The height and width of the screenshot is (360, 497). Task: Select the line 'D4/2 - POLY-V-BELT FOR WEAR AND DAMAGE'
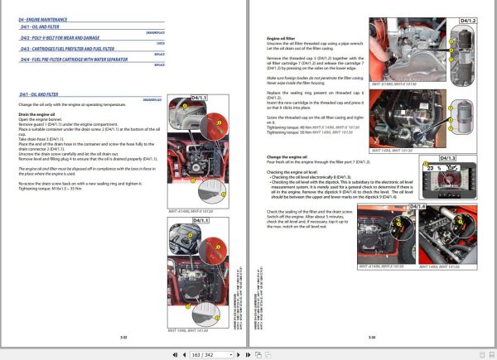tap(63, 38)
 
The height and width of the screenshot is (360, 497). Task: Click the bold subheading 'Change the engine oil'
tap(287, 156)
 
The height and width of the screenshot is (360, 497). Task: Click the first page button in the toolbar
tap(174, 353)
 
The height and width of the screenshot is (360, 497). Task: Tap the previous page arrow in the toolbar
tap(185, 353)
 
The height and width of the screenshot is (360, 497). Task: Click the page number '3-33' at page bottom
tap(123, 336)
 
